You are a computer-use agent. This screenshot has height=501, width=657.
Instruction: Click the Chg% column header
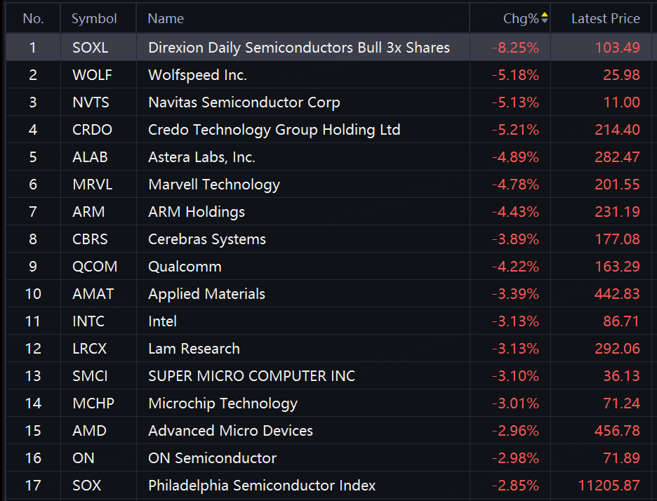(x=521, y=18)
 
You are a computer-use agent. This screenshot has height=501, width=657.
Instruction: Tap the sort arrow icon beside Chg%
(x=544, y=18)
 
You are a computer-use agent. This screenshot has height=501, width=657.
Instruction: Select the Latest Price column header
(x=606, y=18)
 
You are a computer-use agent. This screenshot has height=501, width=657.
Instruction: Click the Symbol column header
(x=94, y=18)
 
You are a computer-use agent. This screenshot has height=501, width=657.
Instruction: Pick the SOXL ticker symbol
(x=90, y=47)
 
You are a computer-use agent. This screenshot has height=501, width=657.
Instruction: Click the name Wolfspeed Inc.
(x=197, y=75)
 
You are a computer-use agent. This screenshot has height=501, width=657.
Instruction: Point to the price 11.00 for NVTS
(x=621, y=102)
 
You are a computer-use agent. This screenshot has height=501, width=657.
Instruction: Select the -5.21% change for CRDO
(x=515, y=130)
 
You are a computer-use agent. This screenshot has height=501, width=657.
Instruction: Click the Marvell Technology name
(x=214, y=185)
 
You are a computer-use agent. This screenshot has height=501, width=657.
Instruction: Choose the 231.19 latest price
(x=617, y=212)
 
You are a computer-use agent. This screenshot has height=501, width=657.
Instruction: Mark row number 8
(x=33, y=239)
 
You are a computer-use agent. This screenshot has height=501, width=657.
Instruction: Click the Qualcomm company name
(x=185, y=267)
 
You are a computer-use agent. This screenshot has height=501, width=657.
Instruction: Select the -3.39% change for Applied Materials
(x=515, y=294)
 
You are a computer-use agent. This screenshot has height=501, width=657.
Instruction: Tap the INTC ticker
(x=88, y=321)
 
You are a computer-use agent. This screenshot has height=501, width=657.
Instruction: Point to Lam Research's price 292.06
(x=617, y=349)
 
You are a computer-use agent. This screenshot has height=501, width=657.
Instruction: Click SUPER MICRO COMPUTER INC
(x=251, y=376)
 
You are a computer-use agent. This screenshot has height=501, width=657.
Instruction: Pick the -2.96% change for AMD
(x=515, y=431)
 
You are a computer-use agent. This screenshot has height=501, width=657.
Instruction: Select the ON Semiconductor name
(x=213, y=458)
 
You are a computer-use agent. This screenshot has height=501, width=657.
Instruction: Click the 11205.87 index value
(x=609, y=486)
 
